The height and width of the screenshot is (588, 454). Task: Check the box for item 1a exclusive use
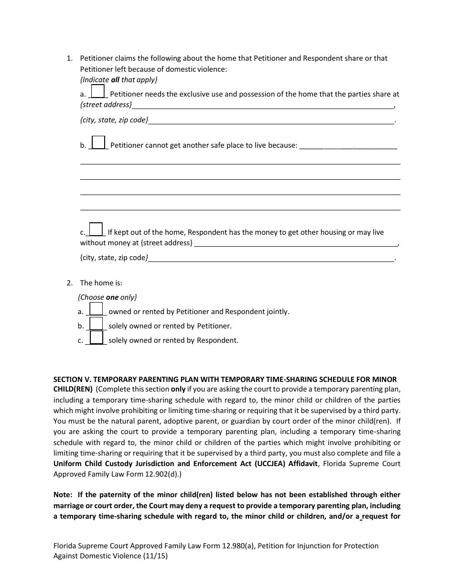[x=97, y=91]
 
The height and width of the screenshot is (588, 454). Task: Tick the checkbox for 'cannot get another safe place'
[x=98, y=142]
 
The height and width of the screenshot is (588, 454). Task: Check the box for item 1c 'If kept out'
[x=96, y=229]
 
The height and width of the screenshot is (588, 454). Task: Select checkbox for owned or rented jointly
[x=96, y=309]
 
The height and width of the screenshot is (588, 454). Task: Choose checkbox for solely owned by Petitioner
[x=96, y=324]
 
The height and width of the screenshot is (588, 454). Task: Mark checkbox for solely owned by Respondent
[x=96, y=338]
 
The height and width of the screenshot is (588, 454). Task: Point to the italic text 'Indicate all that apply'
[x=119, y=80]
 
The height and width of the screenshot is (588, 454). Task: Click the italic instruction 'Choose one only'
[x=107, y=297]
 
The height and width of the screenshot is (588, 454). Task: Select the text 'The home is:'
[x=101, y=283]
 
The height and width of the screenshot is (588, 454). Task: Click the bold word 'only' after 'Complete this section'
[x=178, y=390]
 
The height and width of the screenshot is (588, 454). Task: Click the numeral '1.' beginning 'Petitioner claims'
[x=69, y=58]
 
